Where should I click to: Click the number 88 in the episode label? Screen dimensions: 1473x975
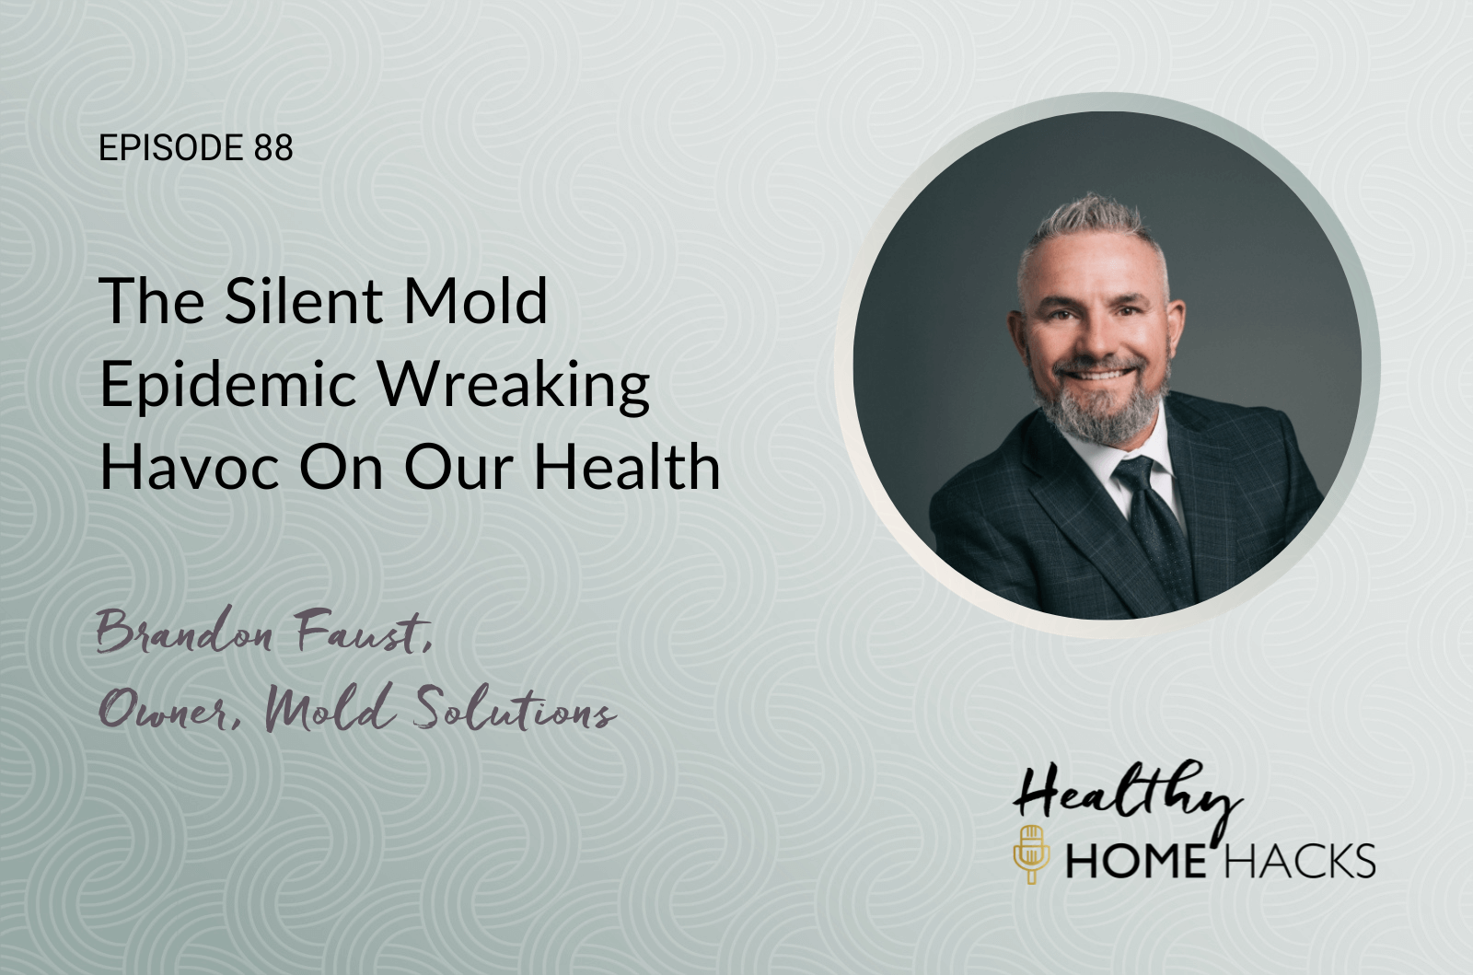tap(273, 147)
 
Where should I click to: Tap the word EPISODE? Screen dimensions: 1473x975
tap(171, 147)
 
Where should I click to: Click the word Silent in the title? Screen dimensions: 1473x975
tap(303, 300)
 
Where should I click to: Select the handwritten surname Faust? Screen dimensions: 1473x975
tap(364, 630)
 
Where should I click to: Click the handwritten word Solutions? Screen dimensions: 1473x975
tap(515, 709)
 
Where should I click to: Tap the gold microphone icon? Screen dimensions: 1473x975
tap(1030, 854)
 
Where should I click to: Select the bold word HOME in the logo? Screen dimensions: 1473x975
tap(1136, 861)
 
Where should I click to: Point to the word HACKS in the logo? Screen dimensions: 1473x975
tap(1299, 861)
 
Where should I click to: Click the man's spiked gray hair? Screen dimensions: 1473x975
tap(1092, 226)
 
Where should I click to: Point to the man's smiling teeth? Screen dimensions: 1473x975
tap(1096, 375)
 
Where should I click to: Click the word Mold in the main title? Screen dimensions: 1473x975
tap(475, 300)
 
